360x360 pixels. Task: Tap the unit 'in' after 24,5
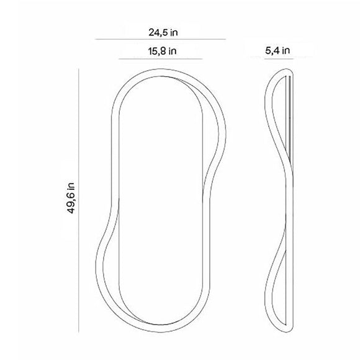(x=176, y=30)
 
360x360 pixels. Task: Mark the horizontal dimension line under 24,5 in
(x=160, y=40)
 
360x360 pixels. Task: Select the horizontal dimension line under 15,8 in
(x=160, y=60)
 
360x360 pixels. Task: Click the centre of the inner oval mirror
(x=163, y=202)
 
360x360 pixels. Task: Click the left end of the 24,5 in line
(x=96, y=40)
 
